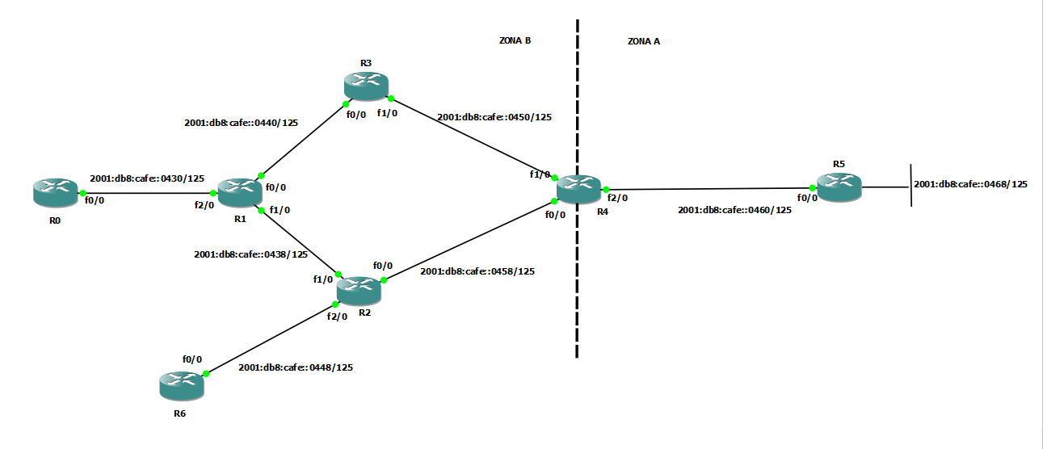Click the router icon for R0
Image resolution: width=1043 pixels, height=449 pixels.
(55, 192)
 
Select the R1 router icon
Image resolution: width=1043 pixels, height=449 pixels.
(240, 191)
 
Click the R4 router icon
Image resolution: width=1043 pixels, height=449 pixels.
(579, 189)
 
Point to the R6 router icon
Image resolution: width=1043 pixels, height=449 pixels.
(182, 386)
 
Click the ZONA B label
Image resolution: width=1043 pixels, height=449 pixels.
(515, 40)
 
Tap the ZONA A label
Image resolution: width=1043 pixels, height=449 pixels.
(644, 41)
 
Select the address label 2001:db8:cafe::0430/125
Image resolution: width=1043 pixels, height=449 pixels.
(146, 178)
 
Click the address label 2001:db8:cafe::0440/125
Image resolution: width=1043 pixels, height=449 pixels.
(241, 124)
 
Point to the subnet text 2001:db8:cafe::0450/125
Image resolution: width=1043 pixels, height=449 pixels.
(494, 117)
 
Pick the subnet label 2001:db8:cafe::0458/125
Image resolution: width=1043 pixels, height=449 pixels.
(477, 271)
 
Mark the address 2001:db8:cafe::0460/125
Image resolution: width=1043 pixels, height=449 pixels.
(734, 210)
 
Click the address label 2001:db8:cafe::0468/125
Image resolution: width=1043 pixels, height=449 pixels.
(970, 184)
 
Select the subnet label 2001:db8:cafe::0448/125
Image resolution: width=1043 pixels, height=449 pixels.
(296, 367)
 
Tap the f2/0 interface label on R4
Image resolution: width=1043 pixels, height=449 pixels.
(617, 197)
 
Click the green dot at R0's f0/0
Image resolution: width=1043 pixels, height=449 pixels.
(82, 193)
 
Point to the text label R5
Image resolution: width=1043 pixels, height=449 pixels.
(839, 164)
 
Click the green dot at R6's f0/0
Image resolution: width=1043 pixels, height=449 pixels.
(205, 374)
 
